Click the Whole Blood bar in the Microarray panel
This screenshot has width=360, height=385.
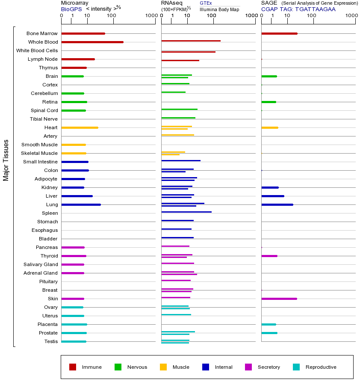tap(92, 42)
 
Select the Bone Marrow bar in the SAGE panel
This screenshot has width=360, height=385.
tap(279, 33)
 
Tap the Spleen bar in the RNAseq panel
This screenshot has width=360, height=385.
tap(186, 212)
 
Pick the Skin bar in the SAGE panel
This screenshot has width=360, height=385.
tap(279, 299)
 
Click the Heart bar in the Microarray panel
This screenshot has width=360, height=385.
tap(80, 127)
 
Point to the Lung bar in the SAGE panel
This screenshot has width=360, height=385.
tap(277, 204)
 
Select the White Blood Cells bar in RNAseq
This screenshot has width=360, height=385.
tap(188, 52)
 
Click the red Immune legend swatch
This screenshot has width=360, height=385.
tap(73, 367)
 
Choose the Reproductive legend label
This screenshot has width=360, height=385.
tap(321, 367)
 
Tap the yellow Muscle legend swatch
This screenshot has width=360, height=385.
tap(163, 367)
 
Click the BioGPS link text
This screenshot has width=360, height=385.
tap(70, 9)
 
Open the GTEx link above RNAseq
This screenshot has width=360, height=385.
tap(206, 3)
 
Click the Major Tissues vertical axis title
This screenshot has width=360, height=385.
tap(6, 160)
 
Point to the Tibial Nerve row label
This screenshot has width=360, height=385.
tap(44, 119)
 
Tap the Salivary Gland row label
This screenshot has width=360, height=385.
tap(41, 264)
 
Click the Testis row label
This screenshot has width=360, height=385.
tap(51, 341)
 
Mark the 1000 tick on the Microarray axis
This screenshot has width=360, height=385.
tap(150, 16)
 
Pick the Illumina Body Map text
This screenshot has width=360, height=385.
tap(219, 9)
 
